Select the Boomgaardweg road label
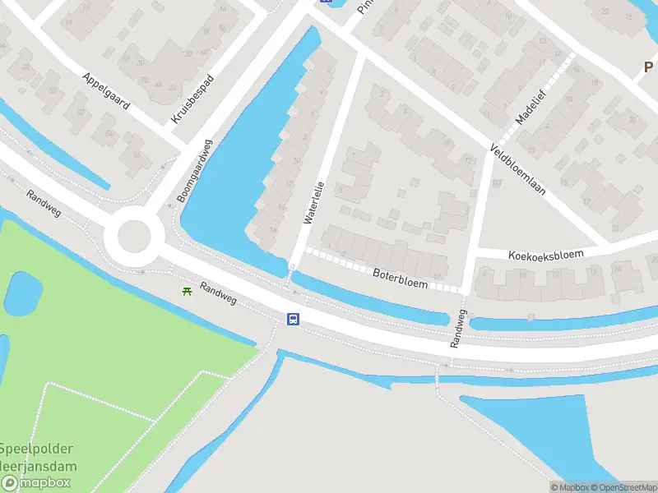click(193, 171)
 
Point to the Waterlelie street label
click(315, 202)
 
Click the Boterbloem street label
click(400, 279)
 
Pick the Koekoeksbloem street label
click(546, 255)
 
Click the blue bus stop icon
click(293, 319)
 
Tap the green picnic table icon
click(188, 291)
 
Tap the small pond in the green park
click(24, 292)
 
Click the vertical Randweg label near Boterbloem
click(458, 329)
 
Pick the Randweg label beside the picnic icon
click(218, 295)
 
